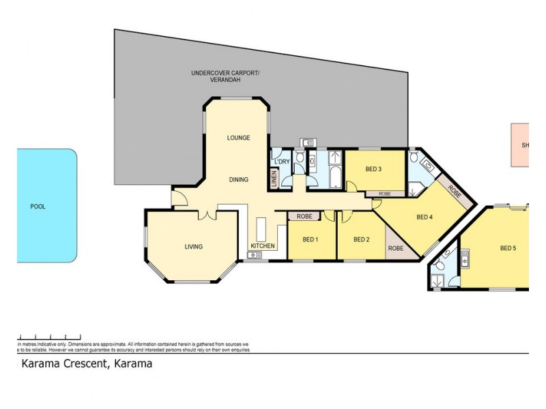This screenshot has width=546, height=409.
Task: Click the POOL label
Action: [x=38, y=206]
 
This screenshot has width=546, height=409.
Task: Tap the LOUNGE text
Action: [x=238, y=138]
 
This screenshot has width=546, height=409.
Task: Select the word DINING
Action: [x=238, y=180]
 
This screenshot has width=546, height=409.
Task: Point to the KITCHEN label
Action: [x=263, y=245]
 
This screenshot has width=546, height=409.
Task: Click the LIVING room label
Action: [x=193, y=247]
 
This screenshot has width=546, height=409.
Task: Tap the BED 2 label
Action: [x=361, y=239]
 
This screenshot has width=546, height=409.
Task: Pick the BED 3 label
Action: [x=373, y=169]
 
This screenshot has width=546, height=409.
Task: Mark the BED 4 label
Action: [x=425, y=217]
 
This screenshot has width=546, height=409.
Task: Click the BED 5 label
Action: [x=508, y=247]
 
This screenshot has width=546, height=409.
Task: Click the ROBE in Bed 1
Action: [x=304, y=216]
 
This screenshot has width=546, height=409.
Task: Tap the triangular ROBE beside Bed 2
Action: [x=396, y=248]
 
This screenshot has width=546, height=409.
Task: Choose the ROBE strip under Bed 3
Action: [x=385, y=194]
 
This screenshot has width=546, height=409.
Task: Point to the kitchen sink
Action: [x=255, y=255]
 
